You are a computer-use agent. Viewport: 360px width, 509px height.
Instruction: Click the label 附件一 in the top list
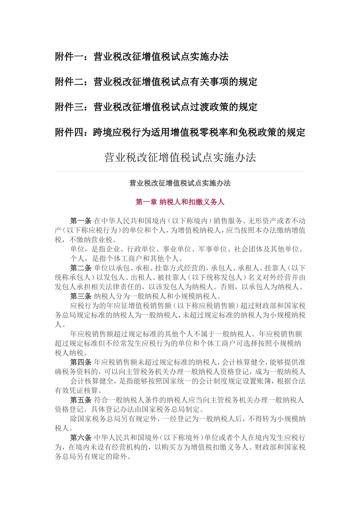69,57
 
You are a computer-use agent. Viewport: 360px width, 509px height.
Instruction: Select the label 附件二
69,82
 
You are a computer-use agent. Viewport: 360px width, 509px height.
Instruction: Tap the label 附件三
69,107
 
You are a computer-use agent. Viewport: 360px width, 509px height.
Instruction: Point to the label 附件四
69,133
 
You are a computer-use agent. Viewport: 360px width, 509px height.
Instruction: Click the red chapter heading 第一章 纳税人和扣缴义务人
180,202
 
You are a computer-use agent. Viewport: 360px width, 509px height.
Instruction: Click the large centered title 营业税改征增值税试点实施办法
180,158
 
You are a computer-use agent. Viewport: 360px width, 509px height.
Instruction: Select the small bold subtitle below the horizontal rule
180,183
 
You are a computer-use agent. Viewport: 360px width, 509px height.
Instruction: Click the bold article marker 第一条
81,221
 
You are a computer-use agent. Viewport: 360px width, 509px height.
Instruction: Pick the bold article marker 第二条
81,268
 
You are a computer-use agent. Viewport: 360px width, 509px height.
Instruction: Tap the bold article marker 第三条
81,296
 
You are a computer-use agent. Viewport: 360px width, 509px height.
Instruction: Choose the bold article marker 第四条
81,362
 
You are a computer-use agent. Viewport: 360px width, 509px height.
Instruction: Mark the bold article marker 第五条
81,400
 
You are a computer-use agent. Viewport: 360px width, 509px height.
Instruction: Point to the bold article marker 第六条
81,438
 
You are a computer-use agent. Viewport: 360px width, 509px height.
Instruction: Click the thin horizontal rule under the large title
180,172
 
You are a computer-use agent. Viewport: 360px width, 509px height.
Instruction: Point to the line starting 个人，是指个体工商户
127,259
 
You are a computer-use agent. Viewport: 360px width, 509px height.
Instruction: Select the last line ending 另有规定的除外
93,457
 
